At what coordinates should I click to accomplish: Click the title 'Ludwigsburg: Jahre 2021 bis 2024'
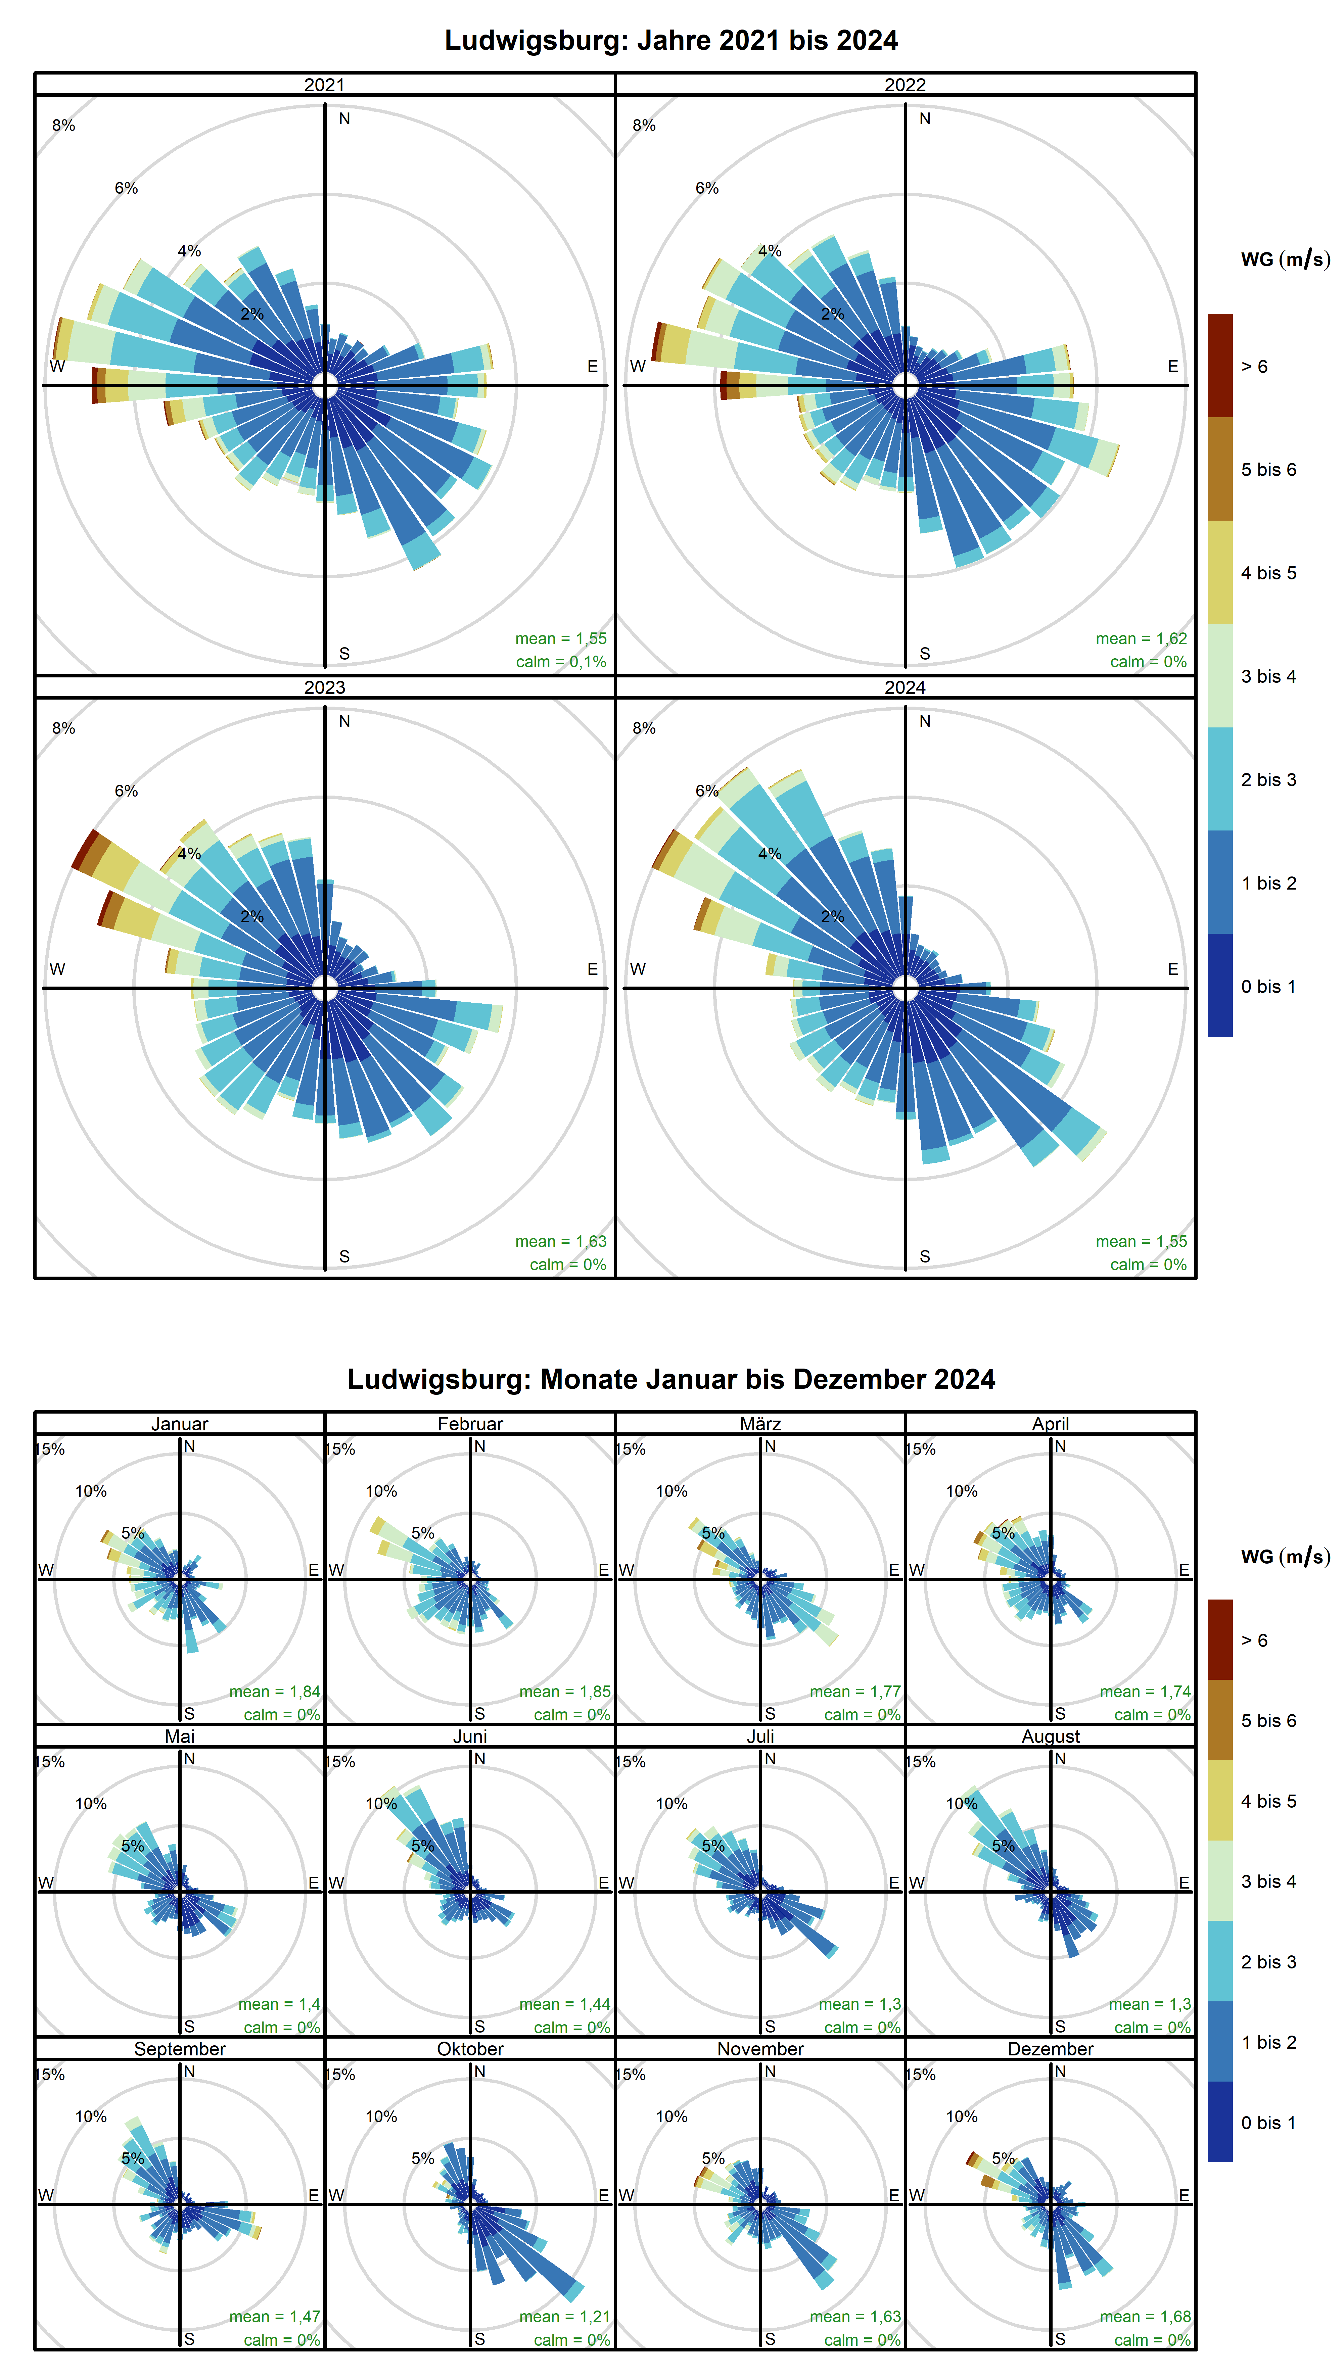click(x=671, y=41)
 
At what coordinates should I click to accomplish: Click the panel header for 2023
click(x=324, y=687)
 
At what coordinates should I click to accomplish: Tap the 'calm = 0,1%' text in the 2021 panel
click(x=561, y=662)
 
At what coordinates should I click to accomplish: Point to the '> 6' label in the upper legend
click(x=1254, y=367)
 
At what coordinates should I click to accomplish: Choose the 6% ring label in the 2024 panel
click(x=707, y=791)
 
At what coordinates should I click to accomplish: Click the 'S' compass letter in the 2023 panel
click(x=344, y=1256)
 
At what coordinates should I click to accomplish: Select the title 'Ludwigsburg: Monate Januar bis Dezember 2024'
click(x=671, y=1379)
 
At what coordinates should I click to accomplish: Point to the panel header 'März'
click(x=760, y=1424)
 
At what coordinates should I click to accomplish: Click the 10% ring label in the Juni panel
click(x=381, y=1804)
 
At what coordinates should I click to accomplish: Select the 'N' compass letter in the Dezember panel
click(x=1060, y=2072)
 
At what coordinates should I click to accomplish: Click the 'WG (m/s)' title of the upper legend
click(x=1285, y=259)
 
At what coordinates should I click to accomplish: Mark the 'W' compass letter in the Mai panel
click(x=46, y=1883)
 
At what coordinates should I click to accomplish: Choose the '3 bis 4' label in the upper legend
click(x=1268, y=676)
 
